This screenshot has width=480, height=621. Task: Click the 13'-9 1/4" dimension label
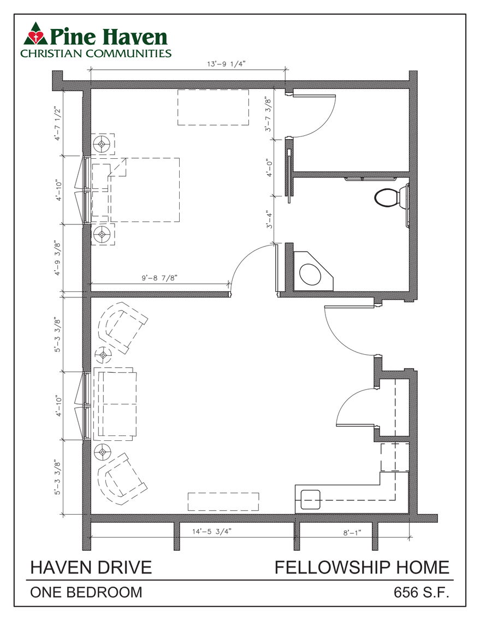click(x=226, y=64)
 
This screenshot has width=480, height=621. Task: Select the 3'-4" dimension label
click(x=269, y=220)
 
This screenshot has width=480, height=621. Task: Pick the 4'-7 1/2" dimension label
click(x=57, y=123)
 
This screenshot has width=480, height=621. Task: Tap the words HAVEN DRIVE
click(x=91, y=567)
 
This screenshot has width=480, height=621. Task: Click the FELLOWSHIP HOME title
click(x=362, y=567)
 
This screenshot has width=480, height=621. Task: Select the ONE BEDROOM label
click(x=86, y=593)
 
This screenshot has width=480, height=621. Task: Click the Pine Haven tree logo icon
click(x=34, y=36)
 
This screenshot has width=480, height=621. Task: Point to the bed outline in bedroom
click(x=144, y=190)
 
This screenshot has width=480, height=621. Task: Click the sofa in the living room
click(x=116, y=404)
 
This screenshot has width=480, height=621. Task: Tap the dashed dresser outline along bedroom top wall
click(x=213, y=108)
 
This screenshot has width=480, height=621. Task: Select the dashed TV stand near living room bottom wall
click(x=224, y=501)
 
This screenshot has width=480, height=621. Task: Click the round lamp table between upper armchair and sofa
click(x=103, y=355)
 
